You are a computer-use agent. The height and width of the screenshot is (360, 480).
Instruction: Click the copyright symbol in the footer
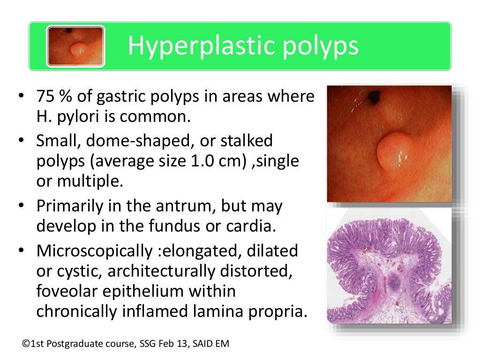25,345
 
